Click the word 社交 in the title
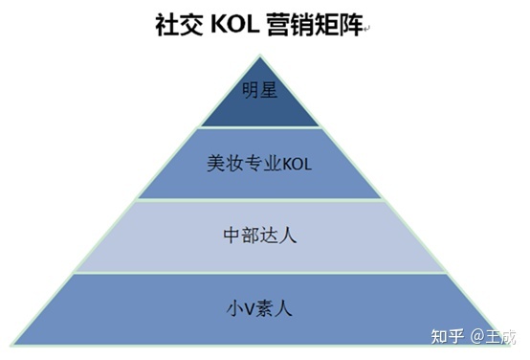coord(179,25)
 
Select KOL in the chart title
coord(235,25)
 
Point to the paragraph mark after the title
coord(367,29)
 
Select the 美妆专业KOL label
coord(259,163)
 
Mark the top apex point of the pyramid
coord(259,55)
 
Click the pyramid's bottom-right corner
coord(500,345)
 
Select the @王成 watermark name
coord(494,337)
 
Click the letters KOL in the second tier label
coord(298,163)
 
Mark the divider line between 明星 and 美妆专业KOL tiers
coord(259,127)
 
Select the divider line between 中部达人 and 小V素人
coord(259,273)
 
